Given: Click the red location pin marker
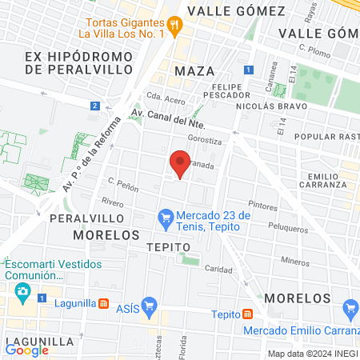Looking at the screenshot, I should pos(180,164).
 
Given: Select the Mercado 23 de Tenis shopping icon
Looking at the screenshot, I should pos(166,216).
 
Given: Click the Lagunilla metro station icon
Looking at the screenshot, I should pos(103,303).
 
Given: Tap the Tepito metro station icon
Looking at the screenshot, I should pos(248,314).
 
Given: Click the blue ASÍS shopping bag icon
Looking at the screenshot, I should pos(149,306).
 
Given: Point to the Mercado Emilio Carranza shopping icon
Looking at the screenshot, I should pos(350,308).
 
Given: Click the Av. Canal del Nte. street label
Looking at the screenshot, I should pos(168,120).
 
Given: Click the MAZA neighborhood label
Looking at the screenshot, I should pos(194,71).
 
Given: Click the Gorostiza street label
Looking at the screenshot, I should pos(203,138).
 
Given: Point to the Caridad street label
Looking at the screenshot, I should pos(218,269).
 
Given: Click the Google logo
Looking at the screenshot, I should pos(27,350).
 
